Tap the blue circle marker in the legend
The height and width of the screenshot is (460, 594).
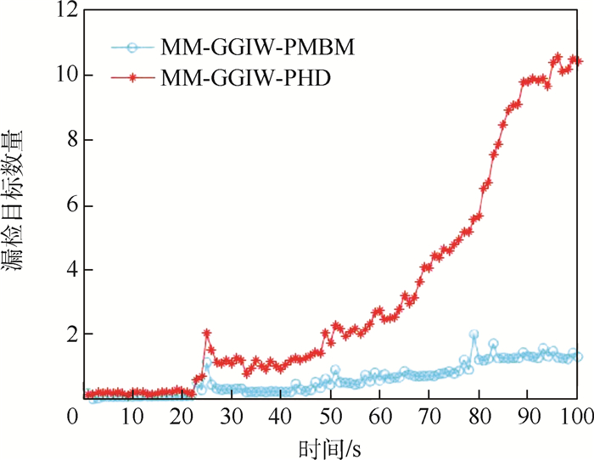tap(133, 48)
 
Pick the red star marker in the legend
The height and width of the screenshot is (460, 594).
tap(133, 77)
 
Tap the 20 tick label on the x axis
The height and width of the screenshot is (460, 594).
tap(181, 416)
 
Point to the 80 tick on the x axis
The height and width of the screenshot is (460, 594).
tap(479, 416)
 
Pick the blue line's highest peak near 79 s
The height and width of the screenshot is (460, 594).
tap(474, 334)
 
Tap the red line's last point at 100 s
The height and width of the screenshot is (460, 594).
tap(578, 60)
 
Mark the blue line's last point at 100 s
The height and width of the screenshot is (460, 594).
tap(578, 356)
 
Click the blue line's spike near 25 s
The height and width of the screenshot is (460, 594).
tap(208, 366)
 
